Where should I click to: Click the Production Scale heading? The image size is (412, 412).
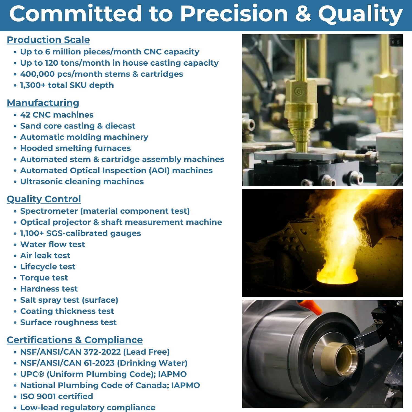(48, 40)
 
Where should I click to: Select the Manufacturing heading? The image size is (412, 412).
(43, 103)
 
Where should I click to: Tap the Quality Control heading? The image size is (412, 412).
(44, 199)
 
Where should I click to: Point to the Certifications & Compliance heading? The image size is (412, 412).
(75, 340)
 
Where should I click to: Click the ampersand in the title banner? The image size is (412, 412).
(303, 14)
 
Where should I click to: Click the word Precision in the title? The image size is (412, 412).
(234, 14)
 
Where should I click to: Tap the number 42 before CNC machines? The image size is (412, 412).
(25, 115)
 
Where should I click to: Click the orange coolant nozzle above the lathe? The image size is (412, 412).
(310, 305)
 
